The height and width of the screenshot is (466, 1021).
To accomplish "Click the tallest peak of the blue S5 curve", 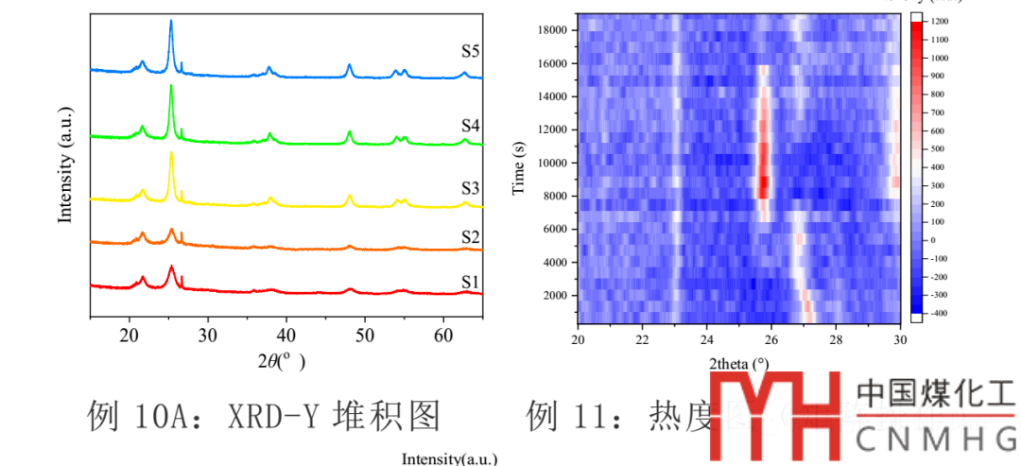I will pos(171,21).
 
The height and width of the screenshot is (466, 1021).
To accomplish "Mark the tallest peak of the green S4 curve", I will pos(171,86).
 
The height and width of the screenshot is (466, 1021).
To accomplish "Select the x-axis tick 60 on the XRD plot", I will pos(443,336).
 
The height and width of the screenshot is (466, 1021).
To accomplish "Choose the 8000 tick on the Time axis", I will pos(551,197).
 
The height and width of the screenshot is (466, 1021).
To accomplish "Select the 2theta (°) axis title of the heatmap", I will pos(738,363).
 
